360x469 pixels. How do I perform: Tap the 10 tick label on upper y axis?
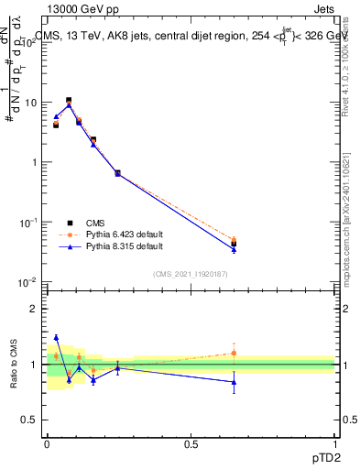coord(31,103)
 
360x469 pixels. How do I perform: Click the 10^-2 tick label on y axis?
coord(28,282)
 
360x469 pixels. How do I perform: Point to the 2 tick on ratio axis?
coord(34,309)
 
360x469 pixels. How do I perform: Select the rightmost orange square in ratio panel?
coord(234,353)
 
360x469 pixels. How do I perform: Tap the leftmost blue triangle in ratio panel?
coord(56,338)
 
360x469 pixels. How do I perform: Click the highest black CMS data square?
coord(69,101)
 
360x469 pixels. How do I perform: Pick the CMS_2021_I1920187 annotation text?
coord(191,274)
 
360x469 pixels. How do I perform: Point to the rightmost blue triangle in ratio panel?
coord(234,382)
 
